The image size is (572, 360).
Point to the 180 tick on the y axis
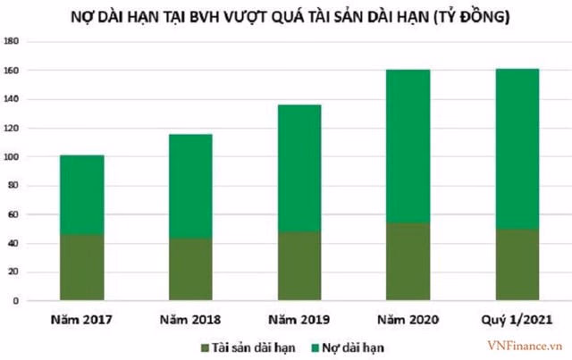click(13, 41)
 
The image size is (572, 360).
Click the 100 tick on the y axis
click(13, 157)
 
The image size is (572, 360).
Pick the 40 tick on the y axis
click(15, 244)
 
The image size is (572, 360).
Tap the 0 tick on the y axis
click(18, 302)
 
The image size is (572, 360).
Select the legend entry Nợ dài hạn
click(356, 344)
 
